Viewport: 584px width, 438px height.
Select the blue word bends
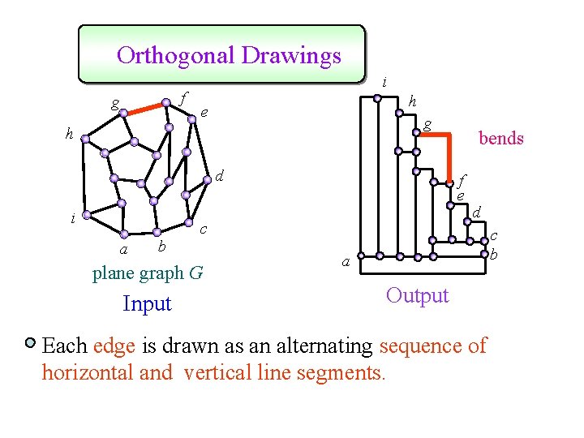(x=500, y=138)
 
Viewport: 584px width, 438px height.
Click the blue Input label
(x=147, y=304)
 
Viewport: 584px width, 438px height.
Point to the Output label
(x=417, y=295)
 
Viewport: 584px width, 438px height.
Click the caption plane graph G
(x=148, y=273)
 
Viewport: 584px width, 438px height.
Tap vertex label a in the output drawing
(x=346, y=262)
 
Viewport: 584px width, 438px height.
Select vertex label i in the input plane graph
(x=73, y=217)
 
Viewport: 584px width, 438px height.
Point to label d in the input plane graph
(x=219, y=176)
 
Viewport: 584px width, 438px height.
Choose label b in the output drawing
(x=493, y=255)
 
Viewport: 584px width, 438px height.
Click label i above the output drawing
(x=384, y=82)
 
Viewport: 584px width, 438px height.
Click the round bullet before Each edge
(x=30, y=344)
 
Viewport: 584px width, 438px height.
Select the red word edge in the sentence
(x=108, y=346)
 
